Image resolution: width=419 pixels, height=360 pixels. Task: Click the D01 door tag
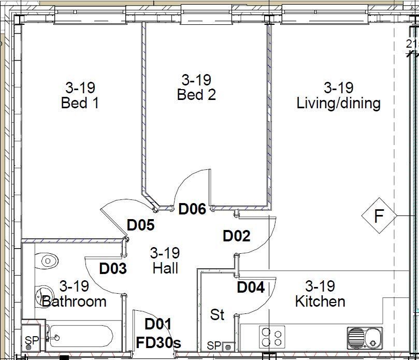157,324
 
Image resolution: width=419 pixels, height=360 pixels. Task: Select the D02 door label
237,236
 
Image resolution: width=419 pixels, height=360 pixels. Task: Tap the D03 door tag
113,268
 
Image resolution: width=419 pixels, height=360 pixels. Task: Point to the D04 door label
251,287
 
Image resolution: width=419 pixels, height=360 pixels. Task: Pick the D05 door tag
140,225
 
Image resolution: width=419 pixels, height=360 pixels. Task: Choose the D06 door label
192,209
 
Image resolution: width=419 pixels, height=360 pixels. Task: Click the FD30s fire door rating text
158,342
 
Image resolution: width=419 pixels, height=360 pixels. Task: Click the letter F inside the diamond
379,215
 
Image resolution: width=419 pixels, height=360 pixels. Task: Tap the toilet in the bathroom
47,261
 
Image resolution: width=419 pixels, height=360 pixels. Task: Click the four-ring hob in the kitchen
272,337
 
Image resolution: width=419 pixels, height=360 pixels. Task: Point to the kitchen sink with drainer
365,338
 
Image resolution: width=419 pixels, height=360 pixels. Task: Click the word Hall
165,268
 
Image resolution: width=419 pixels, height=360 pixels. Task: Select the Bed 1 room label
80,103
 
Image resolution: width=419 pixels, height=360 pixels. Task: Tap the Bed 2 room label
196,95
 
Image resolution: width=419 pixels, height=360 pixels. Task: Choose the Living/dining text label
339,104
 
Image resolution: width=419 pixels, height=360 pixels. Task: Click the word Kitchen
320,301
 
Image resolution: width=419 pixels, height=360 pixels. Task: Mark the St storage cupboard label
217,314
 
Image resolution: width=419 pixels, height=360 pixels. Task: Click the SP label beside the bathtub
32,340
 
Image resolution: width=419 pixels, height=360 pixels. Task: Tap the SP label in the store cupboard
214,346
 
